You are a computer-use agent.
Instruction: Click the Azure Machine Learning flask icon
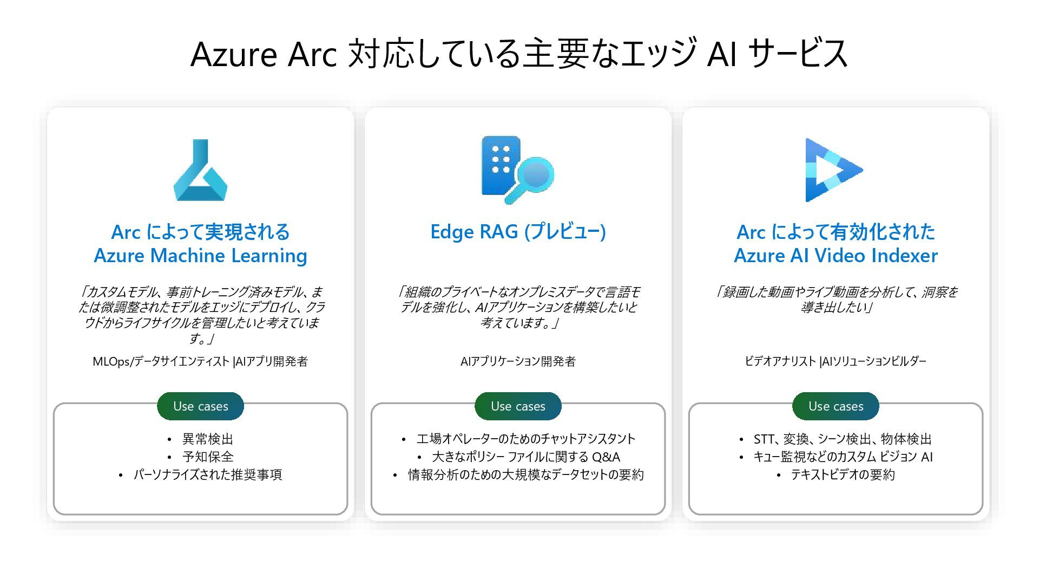point(200,171)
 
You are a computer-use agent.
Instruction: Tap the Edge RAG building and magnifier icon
point(517,170)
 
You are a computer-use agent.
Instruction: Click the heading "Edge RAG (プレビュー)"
point(518,232)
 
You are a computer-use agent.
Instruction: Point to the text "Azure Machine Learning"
point(200,256)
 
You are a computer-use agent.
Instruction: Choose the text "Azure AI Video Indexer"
point(836,256)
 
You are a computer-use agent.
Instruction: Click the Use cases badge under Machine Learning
point(200,406)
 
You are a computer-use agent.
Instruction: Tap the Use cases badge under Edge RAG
point(518,406)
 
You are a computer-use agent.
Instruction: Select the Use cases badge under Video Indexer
point(836,406)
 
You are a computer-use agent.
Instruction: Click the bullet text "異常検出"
point(208,439)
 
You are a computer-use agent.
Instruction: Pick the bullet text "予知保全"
point(208,457)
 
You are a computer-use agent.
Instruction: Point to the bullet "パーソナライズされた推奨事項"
point(208,474)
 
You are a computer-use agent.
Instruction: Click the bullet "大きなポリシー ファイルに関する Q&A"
point(525,457)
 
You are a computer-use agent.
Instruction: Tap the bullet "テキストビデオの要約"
point(843,474)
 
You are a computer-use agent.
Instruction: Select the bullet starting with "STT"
point(843,439)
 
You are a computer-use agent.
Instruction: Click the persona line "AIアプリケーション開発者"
point(518,361)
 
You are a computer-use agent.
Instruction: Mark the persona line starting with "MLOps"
point(200,361)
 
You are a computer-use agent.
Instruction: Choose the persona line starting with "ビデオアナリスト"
point(836,361)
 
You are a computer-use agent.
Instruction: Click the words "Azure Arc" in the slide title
point(264,54)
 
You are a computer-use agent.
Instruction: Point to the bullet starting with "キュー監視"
point(843,457)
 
